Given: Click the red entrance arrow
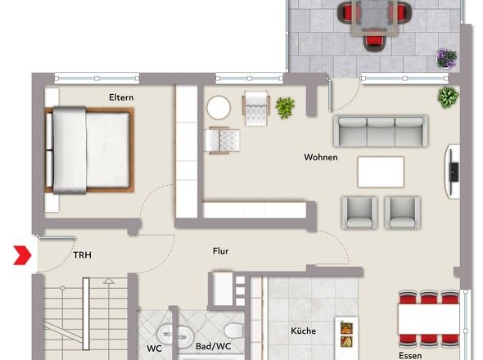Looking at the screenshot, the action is pos(22,255).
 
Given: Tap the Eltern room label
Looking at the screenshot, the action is pos(121,97).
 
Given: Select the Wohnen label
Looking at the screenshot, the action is pos(321,157).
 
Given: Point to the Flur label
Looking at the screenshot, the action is pos(220,251).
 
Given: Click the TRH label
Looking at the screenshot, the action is pos(82,255).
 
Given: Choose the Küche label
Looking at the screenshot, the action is pos(304,331).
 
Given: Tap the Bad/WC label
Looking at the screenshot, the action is pos(213,346).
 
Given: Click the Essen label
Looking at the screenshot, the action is pos(410,356).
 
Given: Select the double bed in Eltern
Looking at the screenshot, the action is pos(89,151).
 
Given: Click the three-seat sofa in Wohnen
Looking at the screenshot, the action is pos(381,131).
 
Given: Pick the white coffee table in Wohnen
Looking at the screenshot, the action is pos(381,172).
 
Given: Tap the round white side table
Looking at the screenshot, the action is pos(219,107).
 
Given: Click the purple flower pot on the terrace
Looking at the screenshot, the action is pos(446,58).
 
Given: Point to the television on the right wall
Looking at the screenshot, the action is pos(454,172).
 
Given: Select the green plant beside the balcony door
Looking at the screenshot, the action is pos(448,97).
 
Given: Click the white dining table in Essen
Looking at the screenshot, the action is pos(428,319).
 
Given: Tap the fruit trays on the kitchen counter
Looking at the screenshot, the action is pos(346,334).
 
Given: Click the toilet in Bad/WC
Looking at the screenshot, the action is pos(233,330).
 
